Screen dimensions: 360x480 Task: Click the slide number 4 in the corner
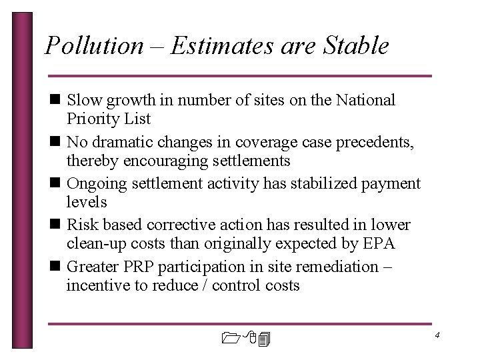coord(437,335)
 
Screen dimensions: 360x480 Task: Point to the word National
coord(366,100)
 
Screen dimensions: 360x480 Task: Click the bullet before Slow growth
coord(54,101)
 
